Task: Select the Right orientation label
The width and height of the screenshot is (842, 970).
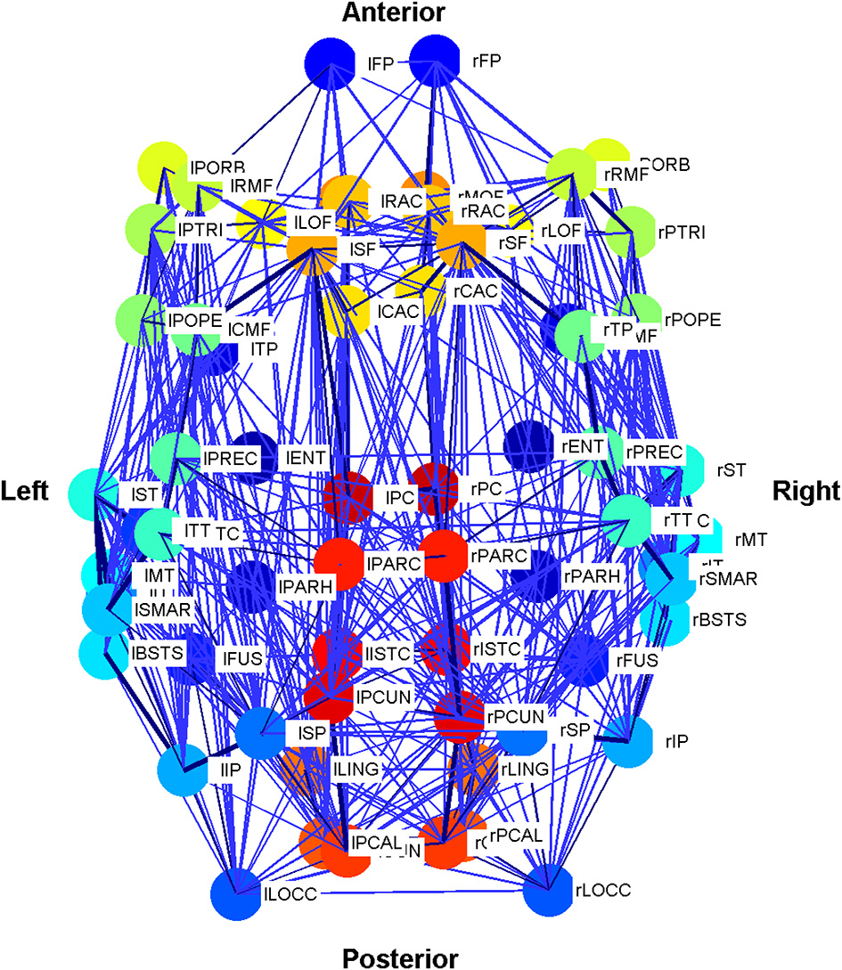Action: click(805, 491)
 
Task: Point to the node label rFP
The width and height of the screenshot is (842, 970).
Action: click(487, 61)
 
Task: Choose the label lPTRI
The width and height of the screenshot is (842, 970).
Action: click(200, 230)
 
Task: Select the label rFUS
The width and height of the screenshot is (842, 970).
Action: click(637, 660)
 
